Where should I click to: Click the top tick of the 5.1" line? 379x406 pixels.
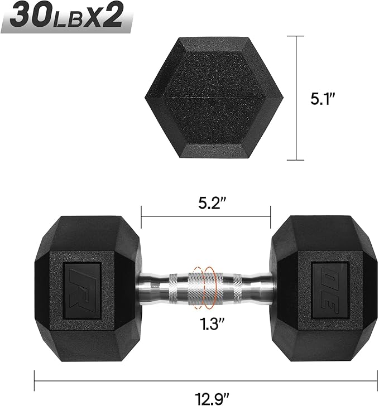pos(295,36)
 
